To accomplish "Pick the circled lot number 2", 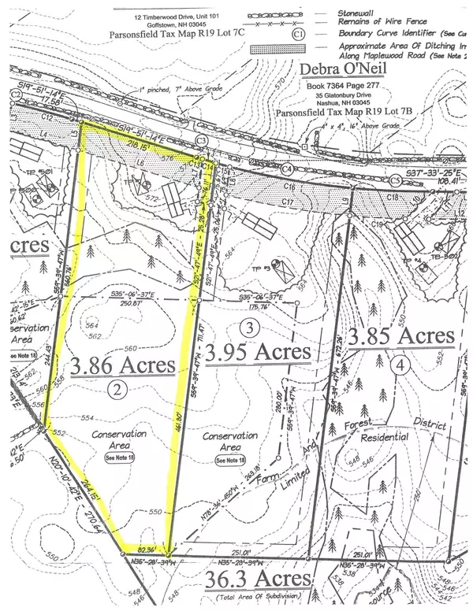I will (x=117, y=388).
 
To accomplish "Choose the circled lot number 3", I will (x=248, y=327).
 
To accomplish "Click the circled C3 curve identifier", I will (x=202, y=140).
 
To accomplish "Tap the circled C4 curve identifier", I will (x=287, y=168).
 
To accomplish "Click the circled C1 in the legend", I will (x=299, y=34).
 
